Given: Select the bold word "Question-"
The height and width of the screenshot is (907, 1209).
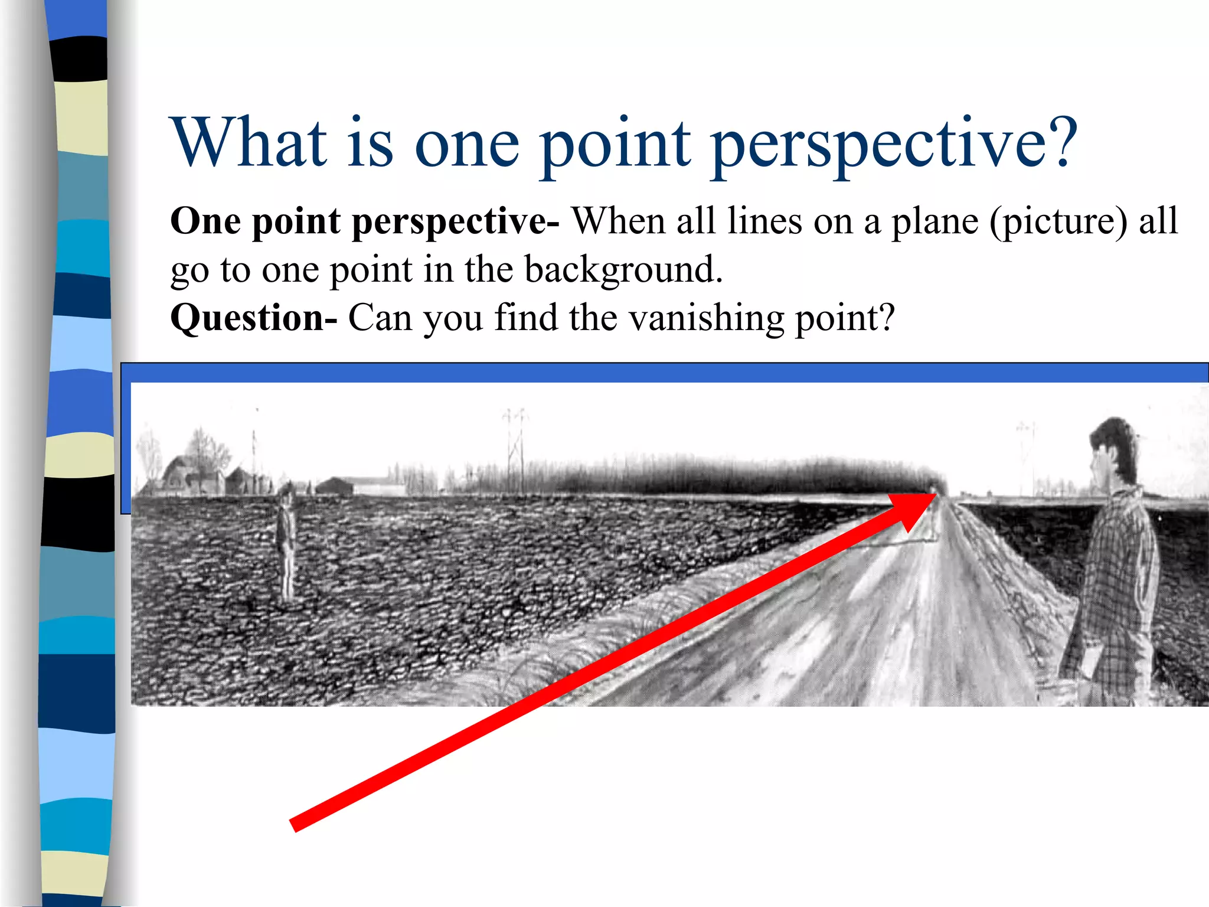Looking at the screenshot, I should click(x=253, y=318).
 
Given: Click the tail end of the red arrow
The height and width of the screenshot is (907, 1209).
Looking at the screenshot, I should click(x=293, y=825).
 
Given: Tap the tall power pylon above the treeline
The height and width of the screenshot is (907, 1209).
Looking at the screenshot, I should click(x=515, y=449).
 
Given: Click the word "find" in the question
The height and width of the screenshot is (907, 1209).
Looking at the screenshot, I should click(x=526, y=318).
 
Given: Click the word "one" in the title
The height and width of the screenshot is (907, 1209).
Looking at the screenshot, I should click(x=467, y=145).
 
